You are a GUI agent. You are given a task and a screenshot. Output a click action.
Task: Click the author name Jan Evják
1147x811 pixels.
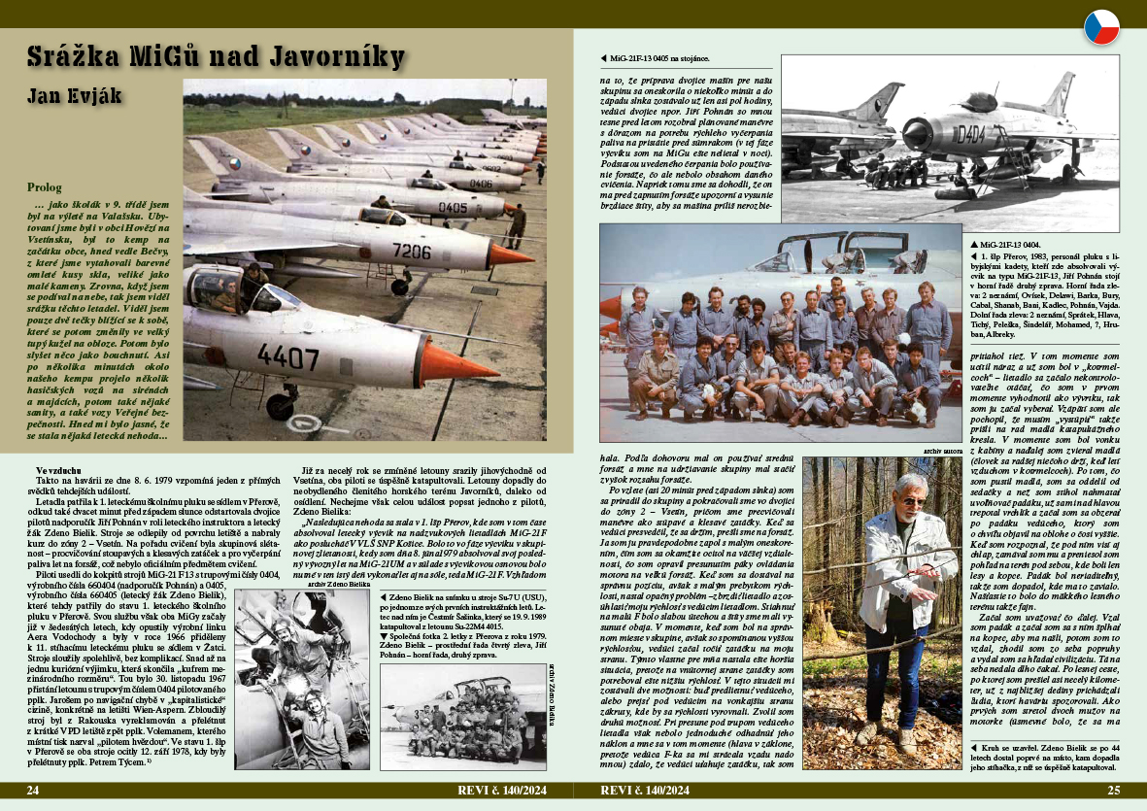pos(76,96)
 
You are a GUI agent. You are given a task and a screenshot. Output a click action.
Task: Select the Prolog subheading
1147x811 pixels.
pos(45,187)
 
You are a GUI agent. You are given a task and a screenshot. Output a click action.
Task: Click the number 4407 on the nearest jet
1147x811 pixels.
pos(287,356)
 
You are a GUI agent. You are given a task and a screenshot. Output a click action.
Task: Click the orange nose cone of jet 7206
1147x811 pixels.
pos(511,255)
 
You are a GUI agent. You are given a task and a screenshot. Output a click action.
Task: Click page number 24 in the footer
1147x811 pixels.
pos(32,790)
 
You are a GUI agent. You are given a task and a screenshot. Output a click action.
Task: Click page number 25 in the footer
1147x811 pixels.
pos(1114,790)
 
